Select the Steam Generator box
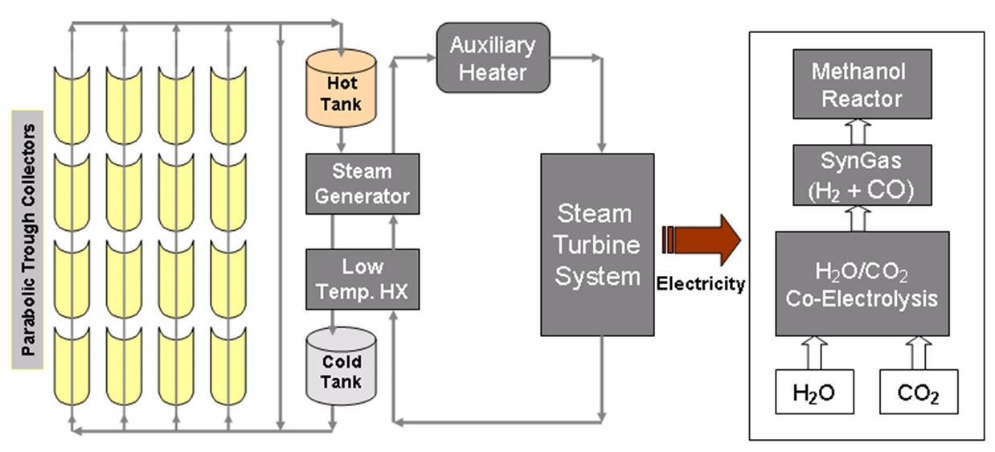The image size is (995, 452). [362, 184]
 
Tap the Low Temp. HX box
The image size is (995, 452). [362, 279]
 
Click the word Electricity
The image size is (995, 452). [701, 284]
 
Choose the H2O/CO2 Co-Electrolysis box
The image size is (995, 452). [862, 283]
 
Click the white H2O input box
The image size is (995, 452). [813, 392]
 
